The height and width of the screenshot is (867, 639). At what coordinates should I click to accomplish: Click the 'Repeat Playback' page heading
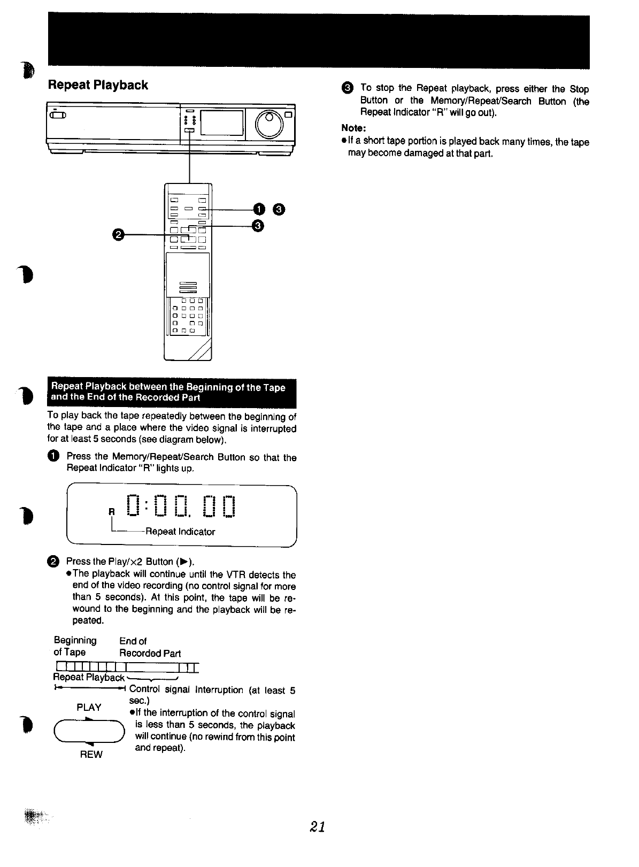(x=98, y=85)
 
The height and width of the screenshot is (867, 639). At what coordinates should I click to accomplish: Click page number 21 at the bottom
(x=317, y=826)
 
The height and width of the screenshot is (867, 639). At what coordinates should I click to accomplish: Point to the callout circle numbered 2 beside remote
(x=119, y=234)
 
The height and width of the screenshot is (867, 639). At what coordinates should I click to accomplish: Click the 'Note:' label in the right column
(x=353, y=128)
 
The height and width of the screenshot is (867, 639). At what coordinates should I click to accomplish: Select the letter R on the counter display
(x=112, y=511)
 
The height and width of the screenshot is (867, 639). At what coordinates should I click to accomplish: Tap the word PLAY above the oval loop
(x=89, y=707)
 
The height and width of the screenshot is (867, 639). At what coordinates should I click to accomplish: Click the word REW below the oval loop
(x=90, y=754)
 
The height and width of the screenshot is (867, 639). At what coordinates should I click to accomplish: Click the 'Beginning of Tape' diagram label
(x=75, y=646)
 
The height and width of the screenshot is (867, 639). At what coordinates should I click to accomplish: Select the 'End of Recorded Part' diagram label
(x=150, y=647)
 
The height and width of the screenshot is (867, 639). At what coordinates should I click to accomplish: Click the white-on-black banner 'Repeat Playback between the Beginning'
(x=172, y=392)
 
